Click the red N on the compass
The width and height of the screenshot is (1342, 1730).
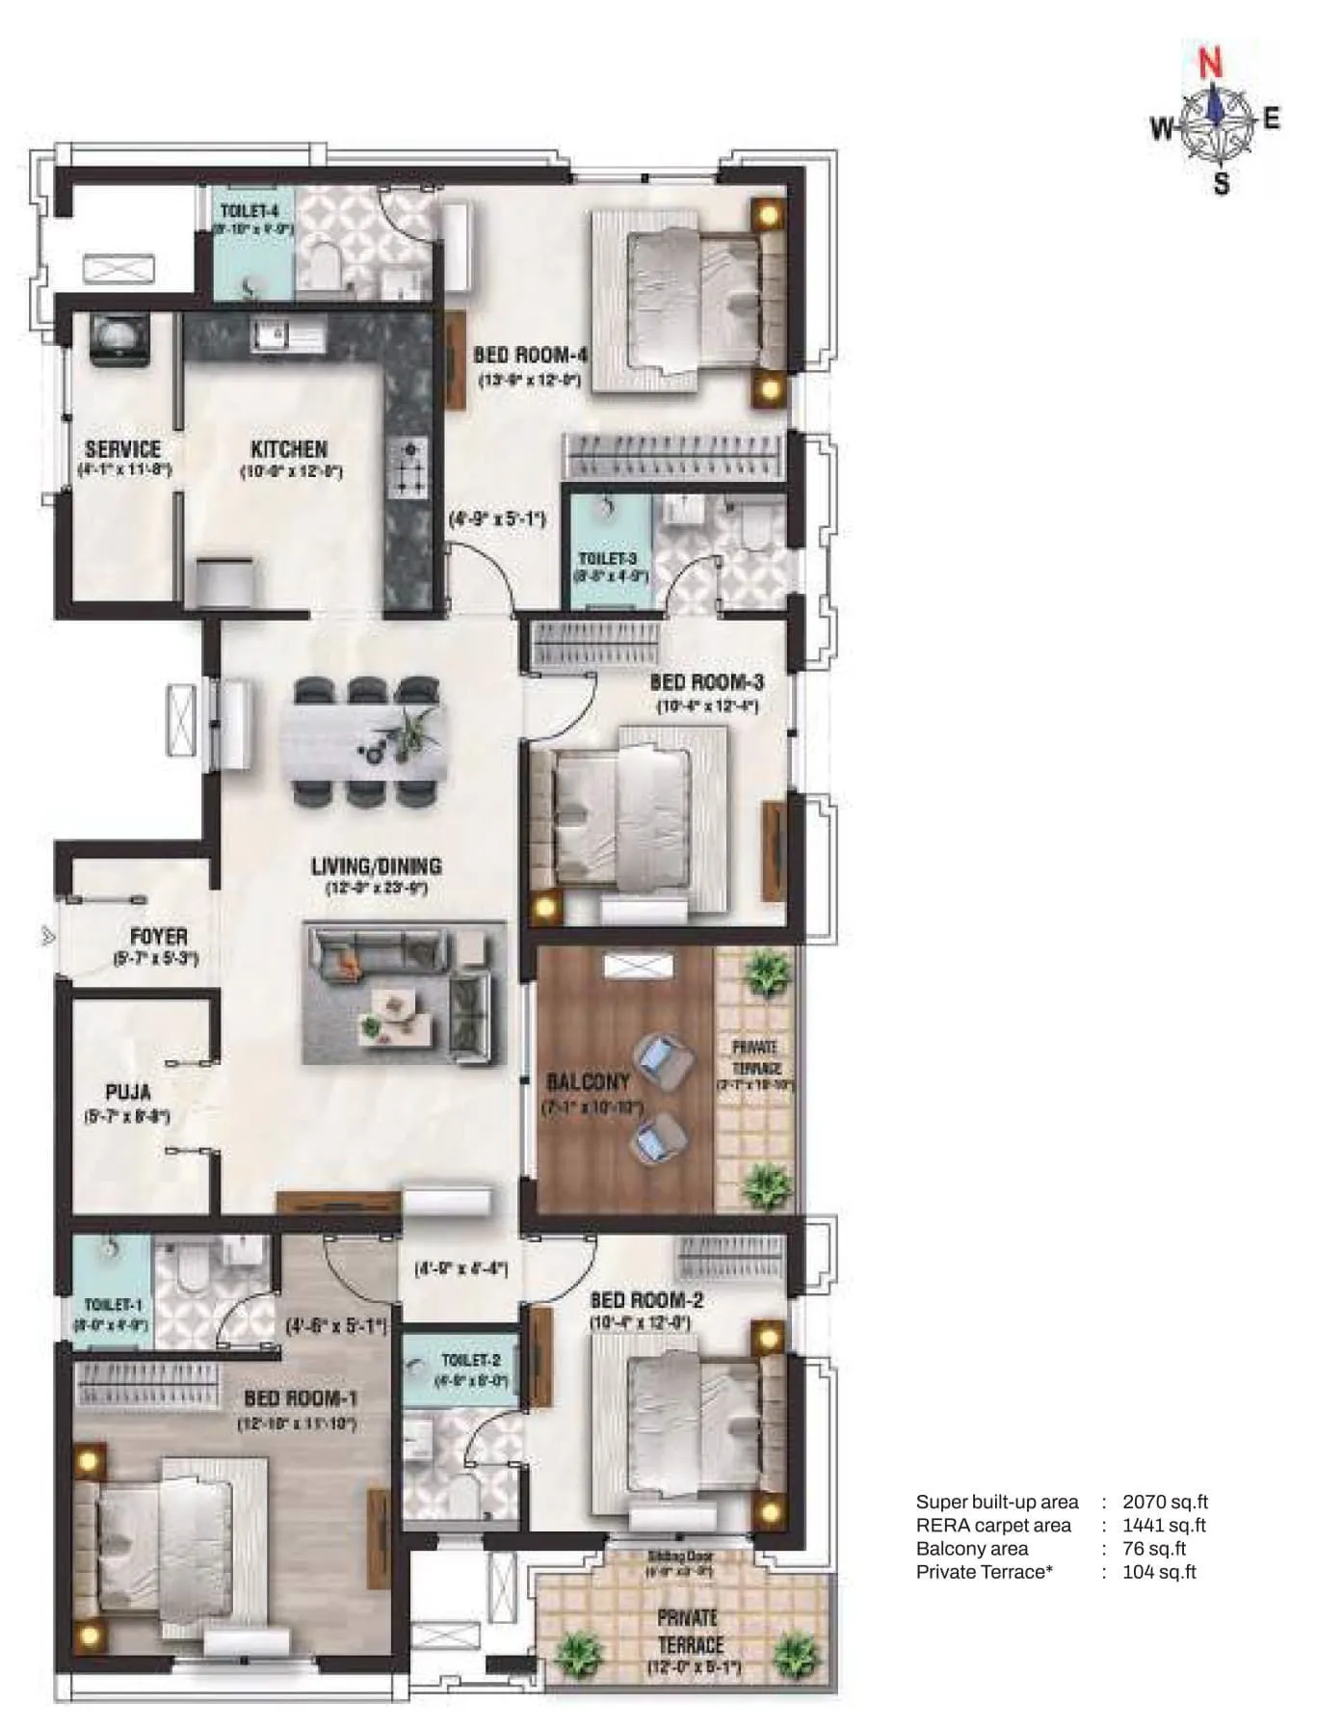tap(1210, 65)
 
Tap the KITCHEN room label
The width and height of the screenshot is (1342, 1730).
tap(289, 449)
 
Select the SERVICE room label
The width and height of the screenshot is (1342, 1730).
tap(122, 449)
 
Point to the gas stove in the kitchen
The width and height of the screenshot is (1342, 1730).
tap(409, 468)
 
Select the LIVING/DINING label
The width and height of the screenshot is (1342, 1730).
tap(377, 866)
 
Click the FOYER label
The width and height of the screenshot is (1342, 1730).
tap(159, 936)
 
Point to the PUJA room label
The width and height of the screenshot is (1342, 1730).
tap(128, 1093)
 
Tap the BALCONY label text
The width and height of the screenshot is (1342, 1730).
tap(589, 1082)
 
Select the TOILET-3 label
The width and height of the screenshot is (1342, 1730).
tap(608, 559)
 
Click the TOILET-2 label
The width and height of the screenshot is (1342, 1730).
tap(471, 1360)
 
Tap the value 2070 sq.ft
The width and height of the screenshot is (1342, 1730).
tap(1165, 1502)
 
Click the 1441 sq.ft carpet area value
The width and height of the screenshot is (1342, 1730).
tap(1164, 1525)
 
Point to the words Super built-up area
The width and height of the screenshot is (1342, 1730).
tap(996, 1502)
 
